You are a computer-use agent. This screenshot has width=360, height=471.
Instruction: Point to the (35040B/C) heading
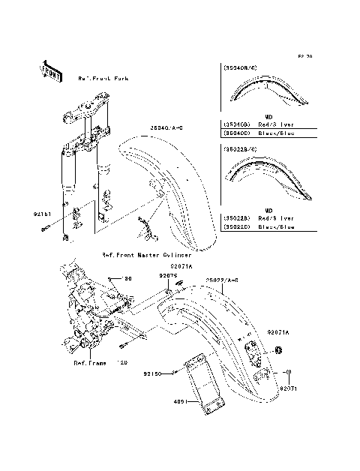(242, 67)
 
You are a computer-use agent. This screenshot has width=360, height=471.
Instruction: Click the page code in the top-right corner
(304, 56)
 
